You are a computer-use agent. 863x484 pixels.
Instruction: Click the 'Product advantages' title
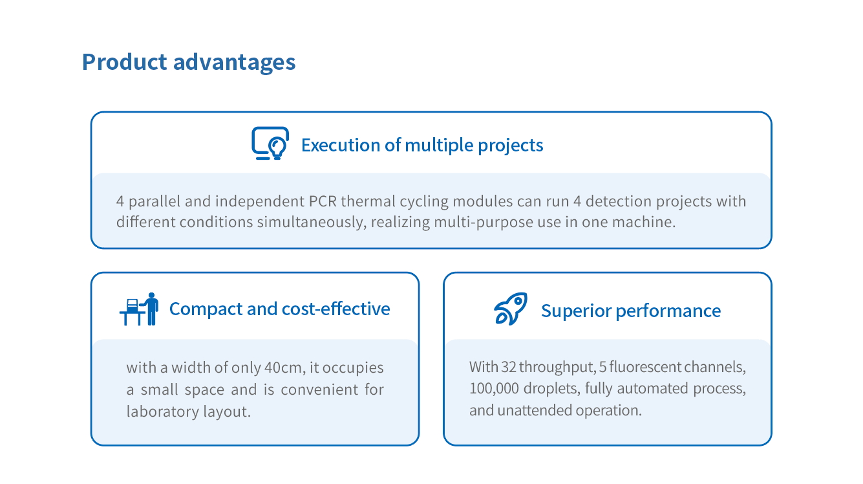coord(189,63)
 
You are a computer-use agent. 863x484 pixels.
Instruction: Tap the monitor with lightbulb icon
coord(270,143)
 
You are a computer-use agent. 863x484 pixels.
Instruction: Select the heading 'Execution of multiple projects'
coord(422,146)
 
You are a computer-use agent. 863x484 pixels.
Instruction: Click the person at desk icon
coord(139,309)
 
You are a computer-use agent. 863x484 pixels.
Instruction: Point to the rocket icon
coord(511,309)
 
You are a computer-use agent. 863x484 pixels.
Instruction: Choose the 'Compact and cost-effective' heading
coord(280,309)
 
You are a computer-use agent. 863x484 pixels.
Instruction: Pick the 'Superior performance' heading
coord(631,311)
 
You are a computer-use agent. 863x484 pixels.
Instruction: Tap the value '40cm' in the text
coord(283,368)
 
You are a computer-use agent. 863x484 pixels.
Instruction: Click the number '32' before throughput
coord(509,367)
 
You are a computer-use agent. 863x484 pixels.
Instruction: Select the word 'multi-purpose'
coord(484,223)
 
